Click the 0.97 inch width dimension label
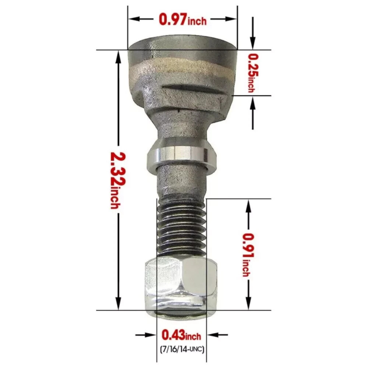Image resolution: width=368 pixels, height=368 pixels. (x=182, y=19)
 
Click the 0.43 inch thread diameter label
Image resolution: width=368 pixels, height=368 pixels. (x=181, y=336)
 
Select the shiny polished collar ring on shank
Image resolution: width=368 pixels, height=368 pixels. (x=181, y=156)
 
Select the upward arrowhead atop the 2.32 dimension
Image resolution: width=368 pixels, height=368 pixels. (x=118, y=55)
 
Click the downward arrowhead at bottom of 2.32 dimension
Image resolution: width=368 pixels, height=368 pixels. (x=118, y=305)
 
